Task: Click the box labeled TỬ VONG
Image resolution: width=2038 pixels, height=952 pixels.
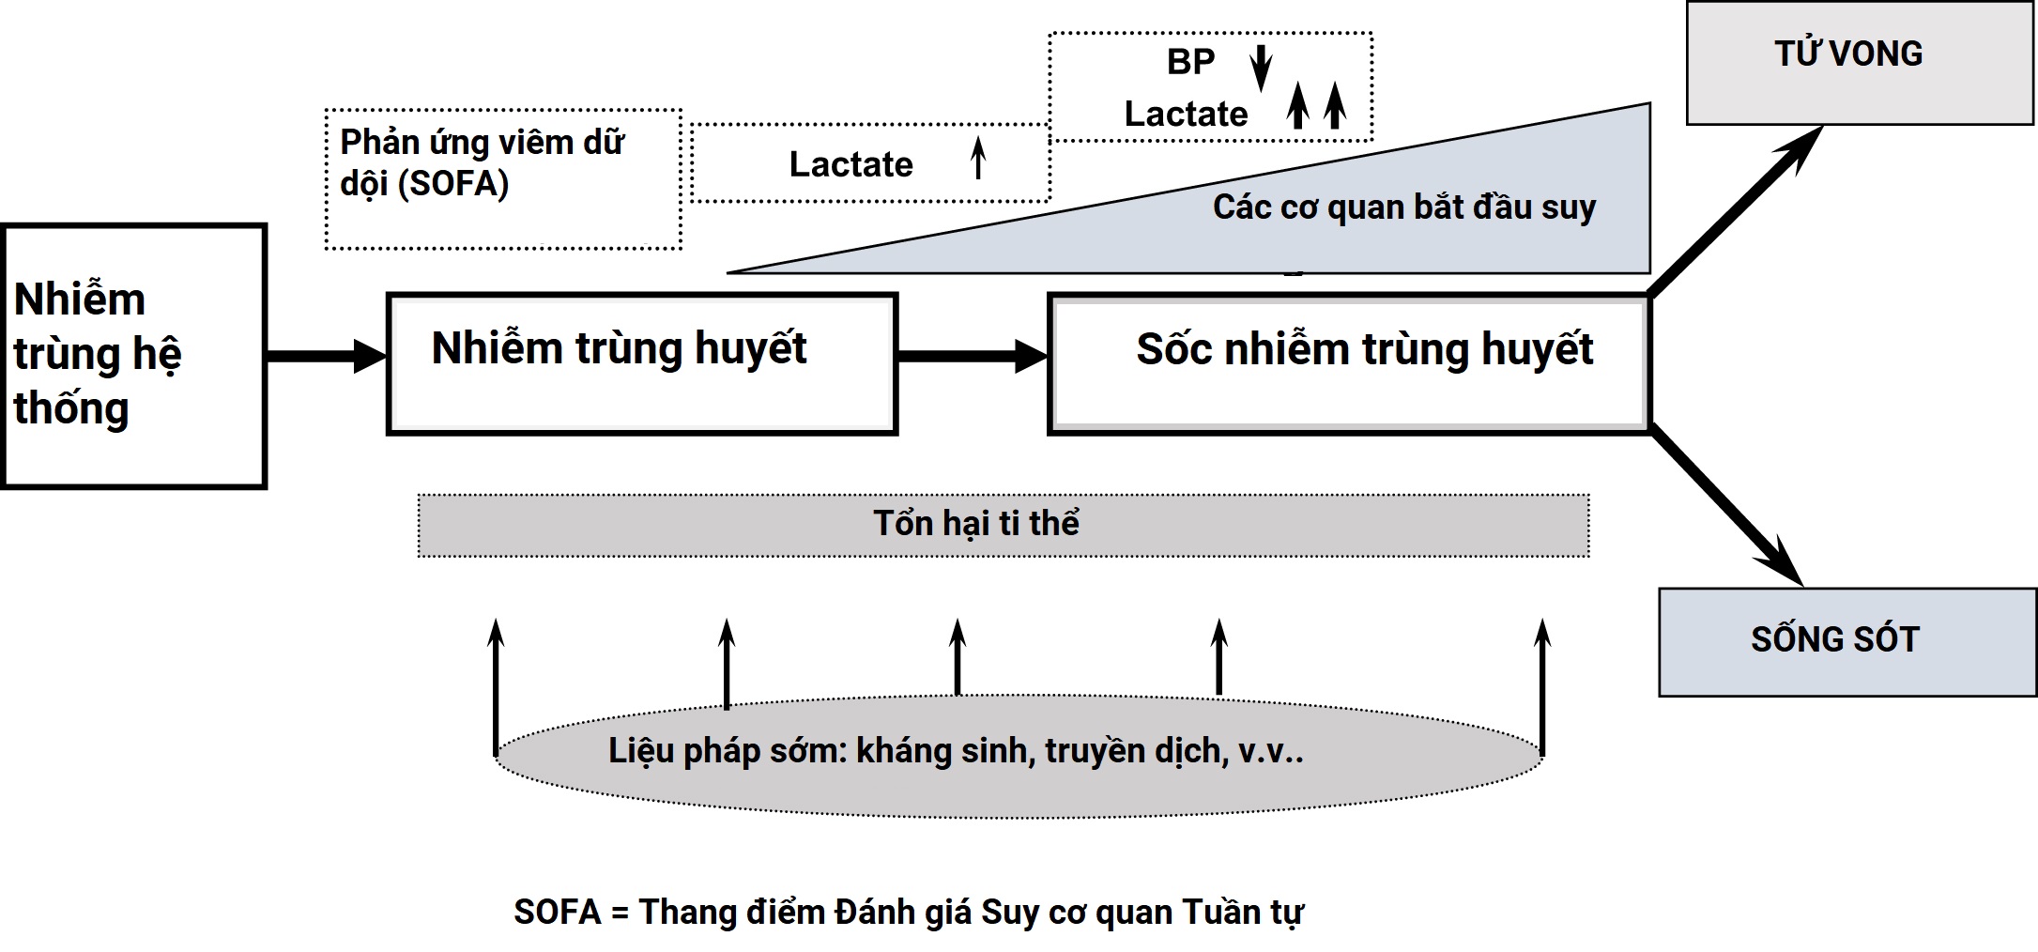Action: [x=1859, y=63]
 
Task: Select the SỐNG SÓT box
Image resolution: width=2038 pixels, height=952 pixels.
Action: [x=1846, y=642]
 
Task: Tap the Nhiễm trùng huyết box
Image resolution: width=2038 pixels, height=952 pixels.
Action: [x=642, y=363]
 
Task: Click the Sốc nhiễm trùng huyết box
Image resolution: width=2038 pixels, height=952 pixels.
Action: [x=1349, y=363]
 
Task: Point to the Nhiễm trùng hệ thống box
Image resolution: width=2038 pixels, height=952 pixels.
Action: [x=134, y=356]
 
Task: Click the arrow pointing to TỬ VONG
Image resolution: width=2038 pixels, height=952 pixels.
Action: [x=1736, y=210]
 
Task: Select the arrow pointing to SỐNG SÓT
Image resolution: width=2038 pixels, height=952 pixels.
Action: [x=1726, y=506]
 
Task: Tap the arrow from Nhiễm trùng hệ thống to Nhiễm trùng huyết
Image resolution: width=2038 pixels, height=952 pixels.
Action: [x=327, y=356]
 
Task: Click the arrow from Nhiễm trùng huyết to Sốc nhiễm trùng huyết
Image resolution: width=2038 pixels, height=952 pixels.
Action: [x=973, y=356]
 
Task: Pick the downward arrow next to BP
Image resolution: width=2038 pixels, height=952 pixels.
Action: [x=1262, y=68]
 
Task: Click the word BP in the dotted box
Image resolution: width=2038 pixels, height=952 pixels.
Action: [x=1190, y=62]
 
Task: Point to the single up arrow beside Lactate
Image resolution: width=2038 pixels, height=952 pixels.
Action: [x=978, y=158]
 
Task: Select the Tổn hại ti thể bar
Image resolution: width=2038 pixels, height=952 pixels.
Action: [x=1004, y=525]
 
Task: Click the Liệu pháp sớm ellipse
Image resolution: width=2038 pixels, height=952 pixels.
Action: [x=1019, y=756]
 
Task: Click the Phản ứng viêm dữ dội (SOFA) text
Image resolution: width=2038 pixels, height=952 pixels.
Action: [x=482, y=162]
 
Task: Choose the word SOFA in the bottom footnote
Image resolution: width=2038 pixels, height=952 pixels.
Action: [x=557, y=912]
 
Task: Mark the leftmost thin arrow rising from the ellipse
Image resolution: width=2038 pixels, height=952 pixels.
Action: [x=496, y=687]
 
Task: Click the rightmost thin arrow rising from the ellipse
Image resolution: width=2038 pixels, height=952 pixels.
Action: [x=1541, y=687]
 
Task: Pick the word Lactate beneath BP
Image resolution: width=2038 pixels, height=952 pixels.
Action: [x=1187, y=115]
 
